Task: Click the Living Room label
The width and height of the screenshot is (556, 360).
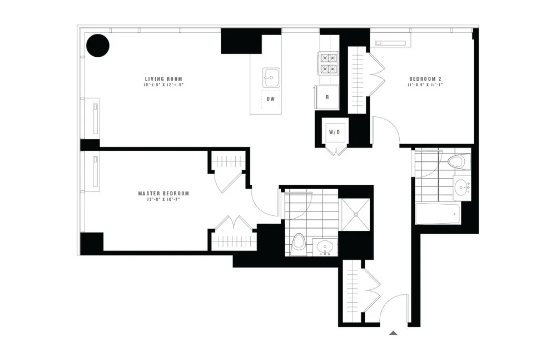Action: pos(163,79)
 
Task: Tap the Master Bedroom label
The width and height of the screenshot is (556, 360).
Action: pos(163,194)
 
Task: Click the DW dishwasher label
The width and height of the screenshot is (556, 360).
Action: pos(271,99)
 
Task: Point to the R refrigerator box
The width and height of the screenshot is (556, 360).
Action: pos(327,97)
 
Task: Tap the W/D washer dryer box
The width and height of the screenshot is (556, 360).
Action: pos(335,132)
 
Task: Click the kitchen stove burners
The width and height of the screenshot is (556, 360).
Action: pos(327,63)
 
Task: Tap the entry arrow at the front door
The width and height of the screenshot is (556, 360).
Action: pos(393,333)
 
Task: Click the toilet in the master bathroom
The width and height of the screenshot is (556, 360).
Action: pos(300,243)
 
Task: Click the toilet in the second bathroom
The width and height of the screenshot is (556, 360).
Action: pos(456,162)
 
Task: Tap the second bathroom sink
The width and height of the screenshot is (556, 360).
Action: pos(461,187)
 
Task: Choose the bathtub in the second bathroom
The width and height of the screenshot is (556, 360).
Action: pos(437,213)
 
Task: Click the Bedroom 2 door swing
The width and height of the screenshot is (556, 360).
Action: pos(386,129)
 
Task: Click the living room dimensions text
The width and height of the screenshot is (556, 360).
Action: pos(163,86)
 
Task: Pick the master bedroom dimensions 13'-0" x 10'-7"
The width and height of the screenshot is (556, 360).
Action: pos(163,200)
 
